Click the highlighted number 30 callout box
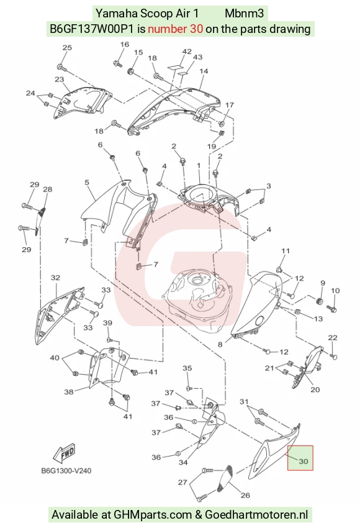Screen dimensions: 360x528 300,458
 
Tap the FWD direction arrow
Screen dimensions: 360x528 64,454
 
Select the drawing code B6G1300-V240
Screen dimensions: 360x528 66,470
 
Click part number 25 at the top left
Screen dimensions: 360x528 67,47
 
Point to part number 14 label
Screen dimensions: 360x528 204,71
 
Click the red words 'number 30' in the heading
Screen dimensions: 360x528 175,29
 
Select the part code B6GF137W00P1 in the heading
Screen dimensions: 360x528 92,29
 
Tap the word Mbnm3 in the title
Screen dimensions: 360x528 245,14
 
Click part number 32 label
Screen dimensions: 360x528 55,278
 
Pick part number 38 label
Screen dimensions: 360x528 69,391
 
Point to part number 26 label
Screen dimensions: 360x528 245,495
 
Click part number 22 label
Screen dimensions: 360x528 333,338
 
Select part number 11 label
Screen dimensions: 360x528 286,251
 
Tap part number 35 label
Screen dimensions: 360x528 187,368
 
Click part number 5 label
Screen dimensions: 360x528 87,183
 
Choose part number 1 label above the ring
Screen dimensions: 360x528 199,166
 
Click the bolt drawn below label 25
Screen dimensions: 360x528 62,68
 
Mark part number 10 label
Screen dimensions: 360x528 335,290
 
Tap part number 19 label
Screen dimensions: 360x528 211,146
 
